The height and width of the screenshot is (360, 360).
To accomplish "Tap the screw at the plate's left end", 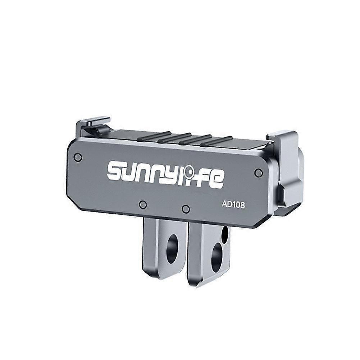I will (x=77, y=157).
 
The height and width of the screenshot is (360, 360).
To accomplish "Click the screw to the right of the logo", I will (x=258, y=173).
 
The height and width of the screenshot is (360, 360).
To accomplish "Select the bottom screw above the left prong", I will (x=143, y=204).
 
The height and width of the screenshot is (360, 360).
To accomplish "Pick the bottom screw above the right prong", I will (x=186, y=208).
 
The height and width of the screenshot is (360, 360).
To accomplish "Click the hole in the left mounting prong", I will (x=172, y=249).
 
